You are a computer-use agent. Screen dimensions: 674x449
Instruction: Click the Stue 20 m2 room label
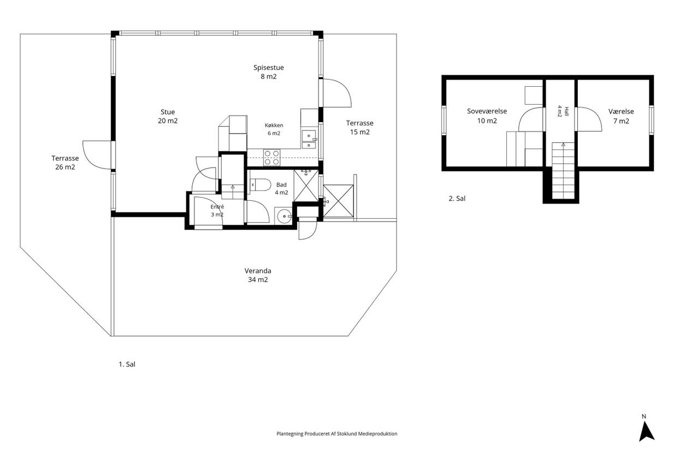tap(168, 116)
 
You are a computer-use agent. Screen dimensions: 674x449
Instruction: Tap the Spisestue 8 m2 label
tap(268, 72)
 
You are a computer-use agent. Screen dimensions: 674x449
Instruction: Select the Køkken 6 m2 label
tap(274, 129)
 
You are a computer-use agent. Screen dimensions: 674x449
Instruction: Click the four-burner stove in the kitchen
tap(271, 158)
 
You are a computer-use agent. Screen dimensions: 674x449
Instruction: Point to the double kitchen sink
tap(309, 140)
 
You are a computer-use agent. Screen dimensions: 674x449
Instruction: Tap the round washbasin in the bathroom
tap(283, 216)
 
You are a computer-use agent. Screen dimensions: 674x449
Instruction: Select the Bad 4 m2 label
tap(281, 188)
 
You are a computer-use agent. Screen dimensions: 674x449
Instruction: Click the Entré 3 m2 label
tap(217, 211)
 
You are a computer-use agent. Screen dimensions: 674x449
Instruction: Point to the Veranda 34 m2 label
tap(258, 275)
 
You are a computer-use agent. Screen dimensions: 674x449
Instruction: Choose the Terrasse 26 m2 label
tap(65, 163)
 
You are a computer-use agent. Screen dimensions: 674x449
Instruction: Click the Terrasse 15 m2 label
tap(359, 128)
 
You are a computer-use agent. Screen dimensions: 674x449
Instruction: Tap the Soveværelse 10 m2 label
tap(487, 116)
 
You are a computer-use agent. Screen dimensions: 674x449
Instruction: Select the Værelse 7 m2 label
tap(621, 116)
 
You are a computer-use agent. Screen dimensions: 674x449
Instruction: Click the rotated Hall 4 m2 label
tap(563, 111)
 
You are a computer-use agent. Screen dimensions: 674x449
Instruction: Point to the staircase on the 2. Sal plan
tap(563, 170)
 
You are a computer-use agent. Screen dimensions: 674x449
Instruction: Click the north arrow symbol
tap(646, 431)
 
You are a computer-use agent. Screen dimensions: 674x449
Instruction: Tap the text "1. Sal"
tap(127, 364)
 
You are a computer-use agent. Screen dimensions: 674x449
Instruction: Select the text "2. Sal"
tap(457, 199)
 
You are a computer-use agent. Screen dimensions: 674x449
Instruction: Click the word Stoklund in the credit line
tap(347, 434)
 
